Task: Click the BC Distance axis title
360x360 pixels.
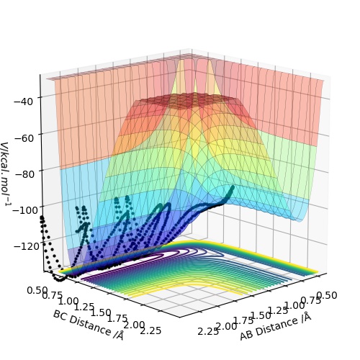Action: coord(89,325)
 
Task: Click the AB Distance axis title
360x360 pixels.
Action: coord(276,326)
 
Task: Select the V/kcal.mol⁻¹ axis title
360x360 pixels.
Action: coord(6,174)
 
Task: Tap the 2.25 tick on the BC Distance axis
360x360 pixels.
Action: coord(150,330)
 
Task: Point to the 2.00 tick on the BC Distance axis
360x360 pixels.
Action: coord(134,325)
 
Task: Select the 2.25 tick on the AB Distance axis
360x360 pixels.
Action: coord(208,331)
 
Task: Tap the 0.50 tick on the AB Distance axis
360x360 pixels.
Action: coord(327,295)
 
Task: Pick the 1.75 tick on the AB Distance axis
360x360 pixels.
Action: coord(243,320)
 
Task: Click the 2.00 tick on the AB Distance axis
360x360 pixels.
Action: coord(226,326)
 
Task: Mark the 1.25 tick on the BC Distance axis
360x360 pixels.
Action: coord(84,307)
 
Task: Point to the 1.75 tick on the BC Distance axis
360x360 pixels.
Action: coord(117,318)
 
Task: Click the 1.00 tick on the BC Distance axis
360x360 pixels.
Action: coord(68,301)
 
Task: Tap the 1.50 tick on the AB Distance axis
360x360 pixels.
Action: coord(261,315)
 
